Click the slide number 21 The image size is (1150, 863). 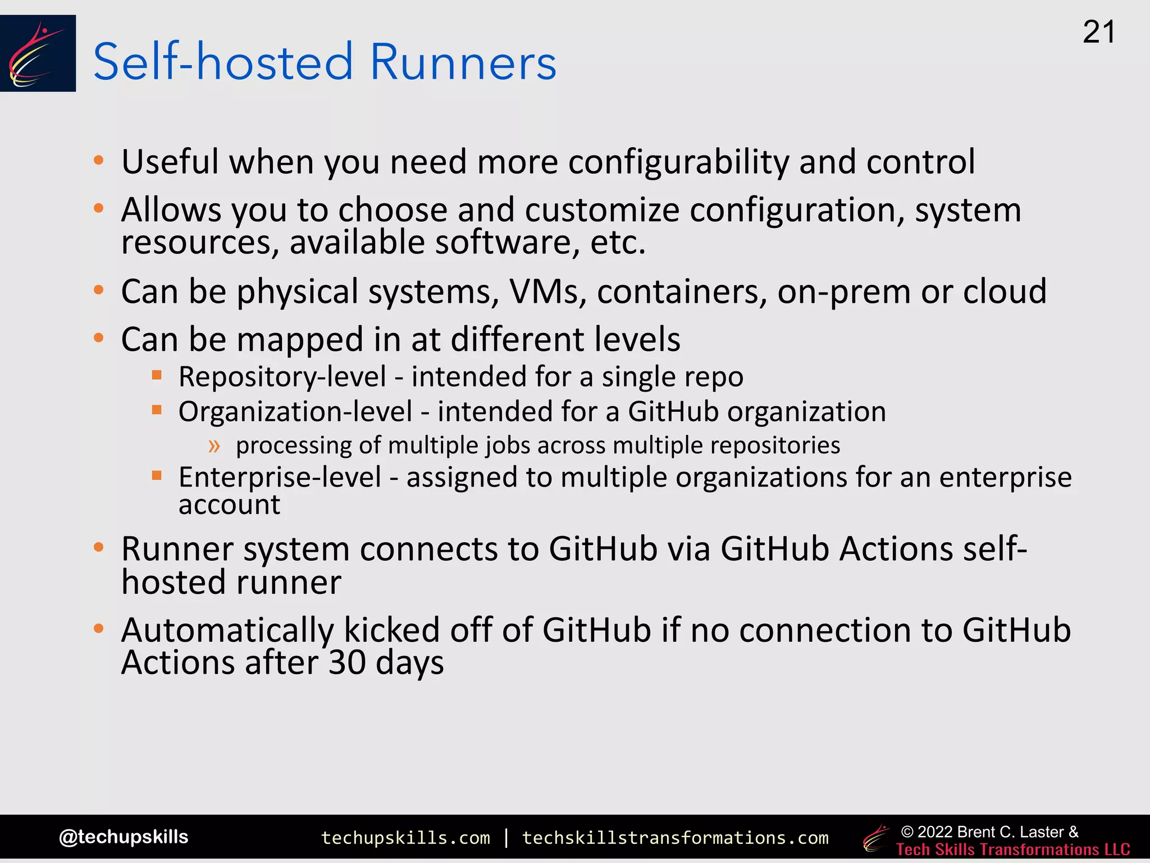(x=1098, y=33)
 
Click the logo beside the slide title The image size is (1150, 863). (x=38, y=53)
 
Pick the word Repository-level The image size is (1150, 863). (x=282, y=376)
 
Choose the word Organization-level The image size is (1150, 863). (x=295, y=411)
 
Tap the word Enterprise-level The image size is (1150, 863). (x=280, y=478)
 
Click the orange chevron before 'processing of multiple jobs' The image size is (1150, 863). (x=214, y=446)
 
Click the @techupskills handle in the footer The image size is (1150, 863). (x=124, y=837)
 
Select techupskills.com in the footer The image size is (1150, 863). (x=405, y=838)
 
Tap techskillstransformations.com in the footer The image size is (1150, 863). (x=675, y=838)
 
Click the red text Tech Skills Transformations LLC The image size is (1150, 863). (x=1013, y=850)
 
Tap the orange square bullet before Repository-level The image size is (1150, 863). (x=157, y=375)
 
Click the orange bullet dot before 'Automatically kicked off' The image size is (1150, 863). (x=99, y=628)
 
